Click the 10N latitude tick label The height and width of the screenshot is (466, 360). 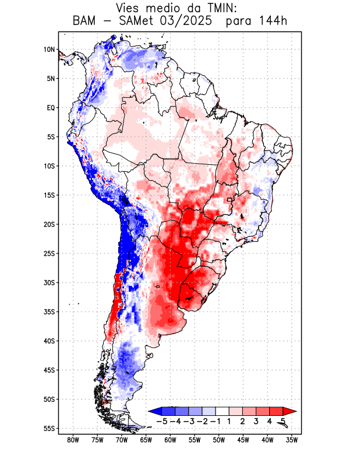[49, 50]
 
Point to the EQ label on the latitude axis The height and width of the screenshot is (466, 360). [51, 108]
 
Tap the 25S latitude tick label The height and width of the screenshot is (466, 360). [49, 253]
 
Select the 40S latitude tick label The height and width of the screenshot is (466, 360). [49, 341]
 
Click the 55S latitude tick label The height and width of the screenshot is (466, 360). [49, 428]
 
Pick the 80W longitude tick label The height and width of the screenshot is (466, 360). [73, 440]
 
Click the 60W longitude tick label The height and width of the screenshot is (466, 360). [170, 440]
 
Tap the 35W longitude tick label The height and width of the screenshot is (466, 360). [292, 440]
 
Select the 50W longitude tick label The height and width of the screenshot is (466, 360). [218, 440]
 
